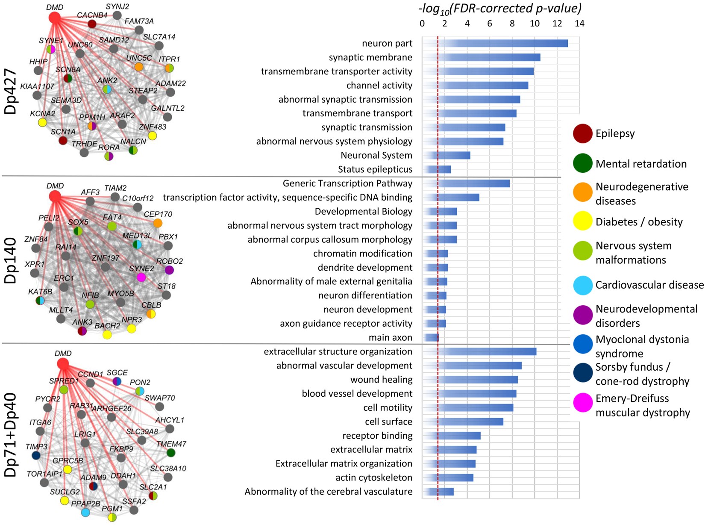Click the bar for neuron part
coord(496,43)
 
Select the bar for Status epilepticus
coord(437,169)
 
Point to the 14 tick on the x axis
coord(579,24)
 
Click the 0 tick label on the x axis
coord(422,24)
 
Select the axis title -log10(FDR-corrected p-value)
coord(500,8)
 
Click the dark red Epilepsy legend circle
coord(583,133)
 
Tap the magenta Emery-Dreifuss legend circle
coord(583,403)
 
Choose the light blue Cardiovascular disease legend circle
coord(583,285)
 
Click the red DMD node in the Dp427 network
coord(55,18)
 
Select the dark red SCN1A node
coord(63,140)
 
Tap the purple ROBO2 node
coord(169,270)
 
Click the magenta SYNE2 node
coord(141,277)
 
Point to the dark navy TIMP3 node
coord(36,455)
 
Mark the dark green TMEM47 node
coord(171,452)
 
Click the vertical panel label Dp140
coord(10,260)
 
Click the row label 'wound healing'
coord(381,380)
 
